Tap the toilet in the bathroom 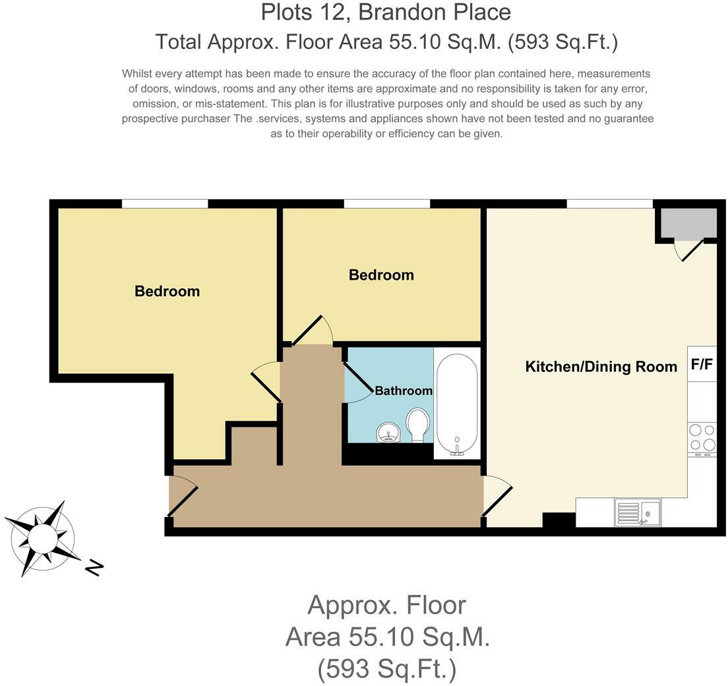click(x=417, y=425)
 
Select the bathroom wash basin click(x=388, y=433)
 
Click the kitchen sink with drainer click(x=637, y=513)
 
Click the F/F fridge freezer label click(x=702, y=364)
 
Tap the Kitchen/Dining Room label click(x=601, y=367)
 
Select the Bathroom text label click(x=404, y=390)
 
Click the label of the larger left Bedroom click(x=167, y=291)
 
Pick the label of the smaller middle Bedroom click(x=381, y=274)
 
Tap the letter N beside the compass click(x=95, y=567)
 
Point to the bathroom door click(x=357, y=382)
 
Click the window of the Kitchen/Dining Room click(x=609, y=203)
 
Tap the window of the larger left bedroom click(x=165, y=203)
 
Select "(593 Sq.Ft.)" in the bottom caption click(x=387, y=669)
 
